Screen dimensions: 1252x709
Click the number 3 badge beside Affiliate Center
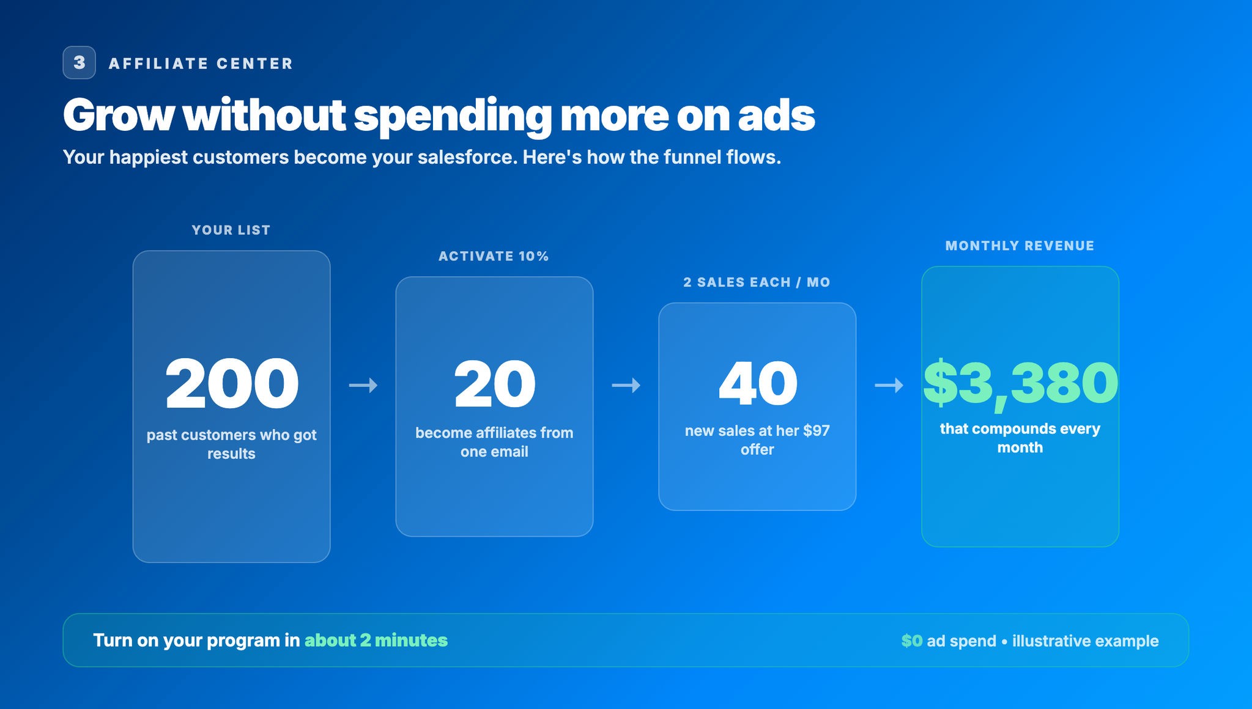[79, 62]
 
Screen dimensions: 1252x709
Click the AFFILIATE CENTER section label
[201, 64]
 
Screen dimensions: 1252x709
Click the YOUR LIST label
[231, 230]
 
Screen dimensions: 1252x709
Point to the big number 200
[232, 384]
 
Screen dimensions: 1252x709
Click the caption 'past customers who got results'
[231, 444]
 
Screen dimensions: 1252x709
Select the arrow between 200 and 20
[363, 385]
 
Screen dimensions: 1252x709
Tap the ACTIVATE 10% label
[494, 256]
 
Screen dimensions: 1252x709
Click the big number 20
[494, 384]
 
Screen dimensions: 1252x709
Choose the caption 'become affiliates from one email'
[494, 442]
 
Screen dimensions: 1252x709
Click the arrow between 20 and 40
[626, 385]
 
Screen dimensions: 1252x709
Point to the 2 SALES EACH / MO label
[757, 282]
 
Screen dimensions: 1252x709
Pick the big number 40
[758, 383]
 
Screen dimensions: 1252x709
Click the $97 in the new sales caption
[817, 430]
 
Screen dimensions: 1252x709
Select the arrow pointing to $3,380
[889, 385]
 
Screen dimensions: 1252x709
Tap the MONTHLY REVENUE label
[1020, 246]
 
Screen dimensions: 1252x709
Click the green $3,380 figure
[1020, 383]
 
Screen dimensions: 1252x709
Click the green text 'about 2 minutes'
[376, 640]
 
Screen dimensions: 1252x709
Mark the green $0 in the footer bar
[911, 641]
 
